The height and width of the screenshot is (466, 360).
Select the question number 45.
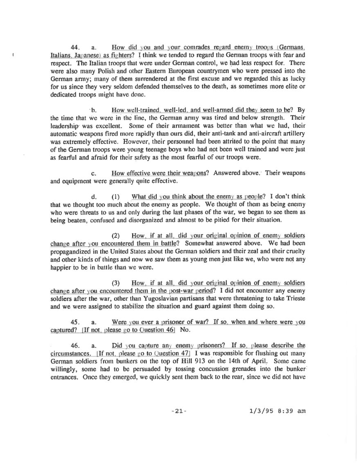point(75,322)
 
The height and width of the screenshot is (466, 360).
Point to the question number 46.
point(75,345)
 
